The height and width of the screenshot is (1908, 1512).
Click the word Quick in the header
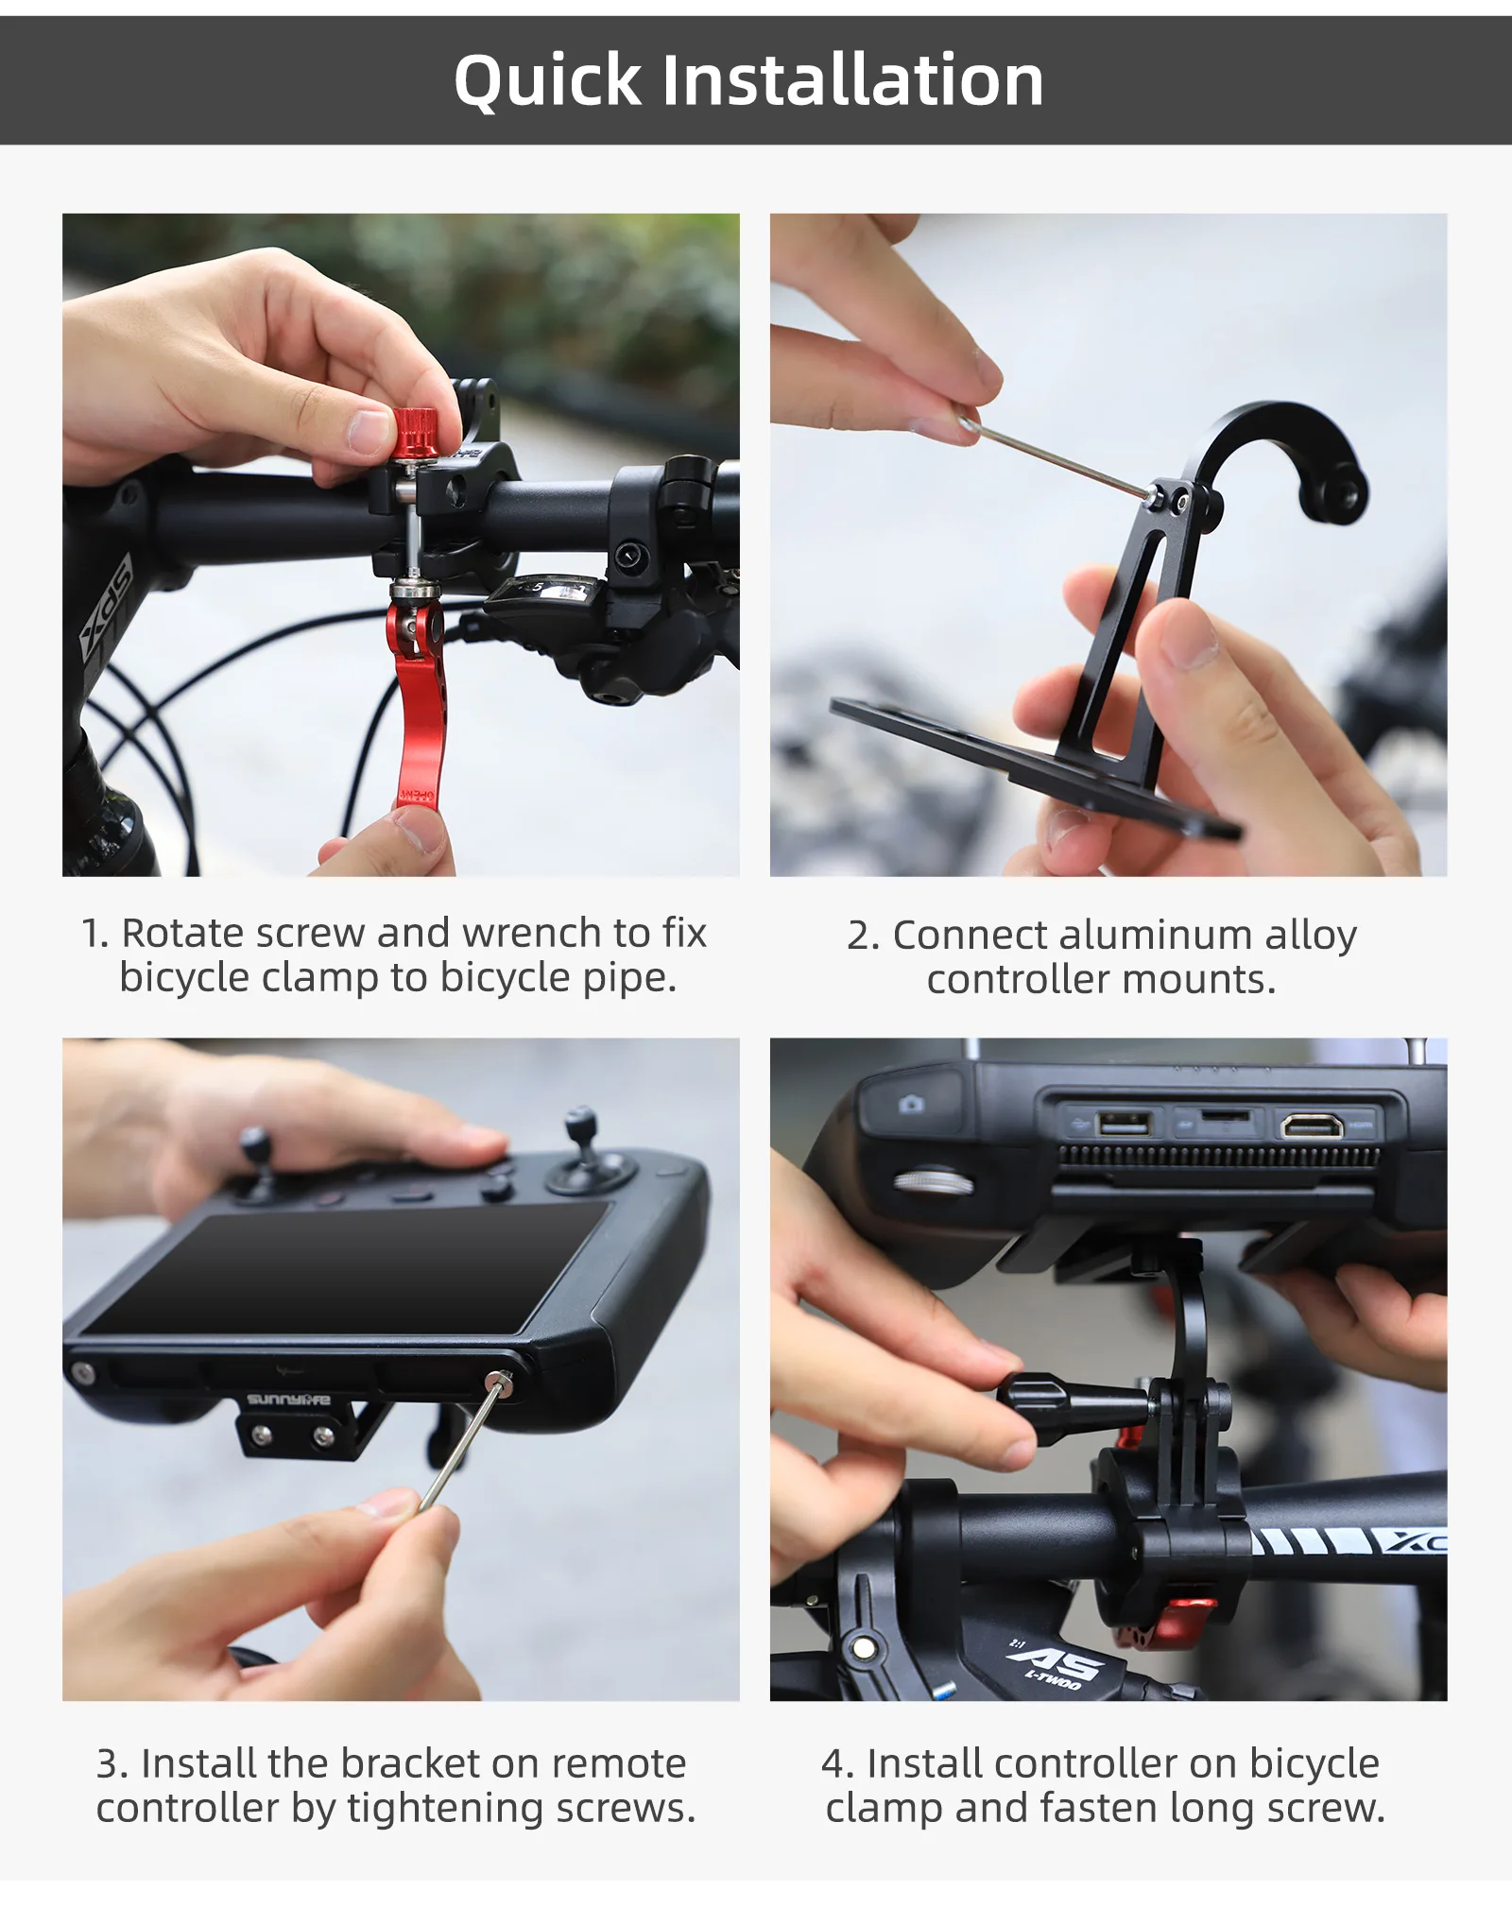(x=548, y=81)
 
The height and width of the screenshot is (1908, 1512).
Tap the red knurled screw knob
(x=415, y=436)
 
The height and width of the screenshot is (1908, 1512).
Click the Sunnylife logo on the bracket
(x=288, y=1400)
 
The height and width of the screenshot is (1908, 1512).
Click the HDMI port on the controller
(x=1312, y=1125)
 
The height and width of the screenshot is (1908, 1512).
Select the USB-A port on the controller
(x=1123, y=1124)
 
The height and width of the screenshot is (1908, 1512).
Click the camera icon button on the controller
(x=911, y=1104)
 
